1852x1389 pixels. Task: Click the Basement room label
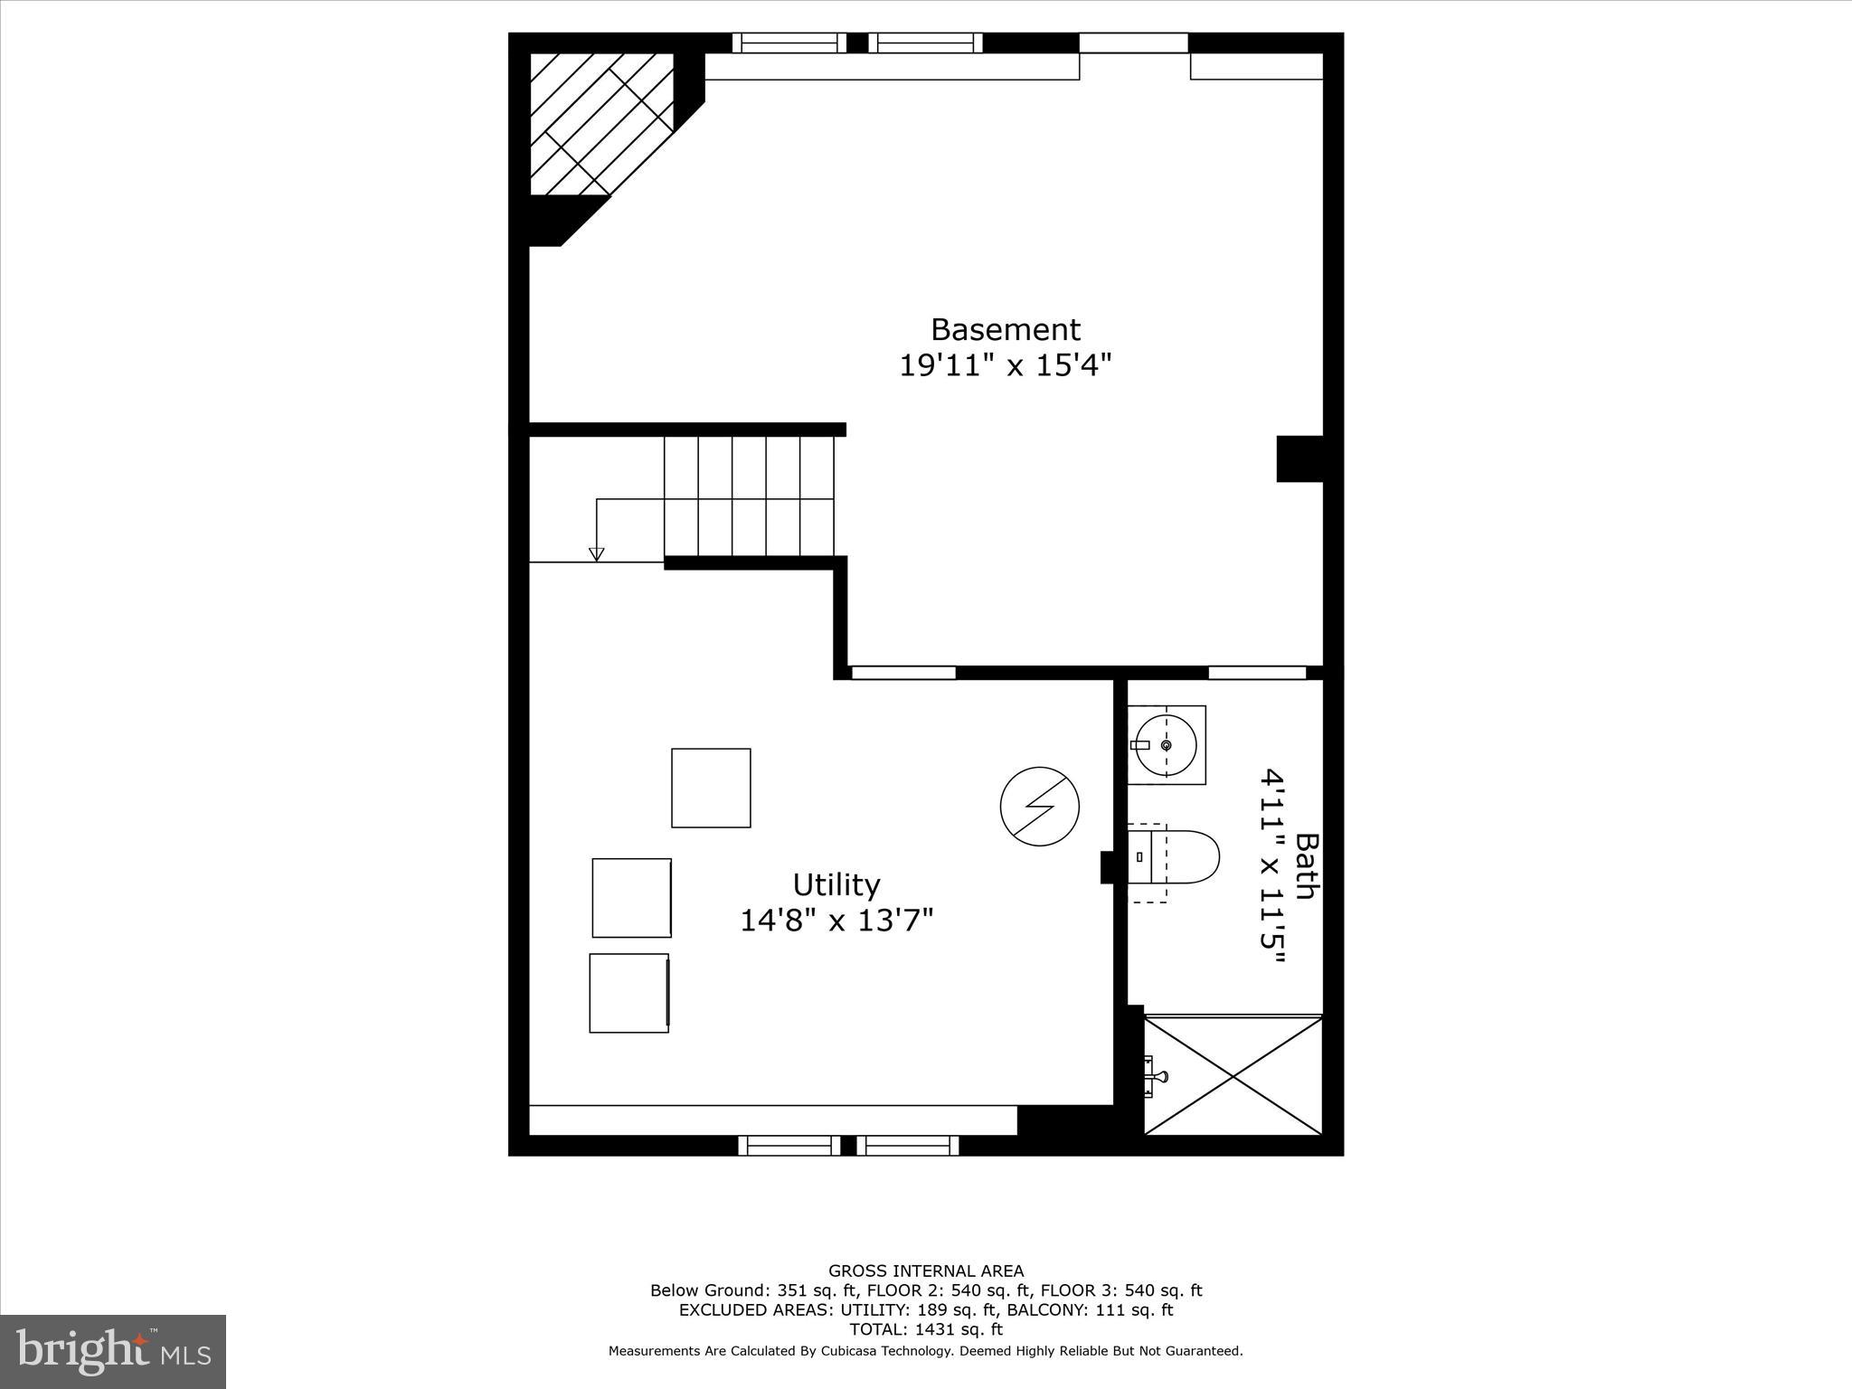(x=1005, y=329)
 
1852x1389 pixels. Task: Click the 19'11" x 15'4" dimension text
(x=1005, y=366)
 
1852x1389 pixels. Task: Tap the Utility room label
(x=836, y=883)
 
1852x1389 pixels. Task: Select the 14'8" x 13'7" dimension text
(x=836, y=921)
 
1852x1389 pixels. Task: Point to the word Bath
(x=1305, y=865)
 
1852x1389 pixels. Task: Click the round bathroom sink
(x=1167, y=745)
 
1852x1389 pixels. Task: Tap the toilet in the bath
(x=1176, y=856)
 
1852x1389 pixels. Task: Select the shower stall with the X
(x=1233, y=1075)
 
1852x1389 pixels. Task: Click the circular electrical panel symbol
(x=1040, y=807)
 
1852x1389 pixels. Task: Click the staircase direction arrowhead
(x=596, y=554)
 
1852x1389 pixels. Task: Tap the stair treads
(x=749, y=496)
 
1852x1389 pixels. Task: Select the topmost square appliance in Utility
(x=711, y=788)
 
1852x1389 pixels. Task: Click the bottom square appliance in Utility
(x=629, y=993)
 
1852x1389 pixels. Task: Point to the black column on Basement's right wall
(x=1299, y=458)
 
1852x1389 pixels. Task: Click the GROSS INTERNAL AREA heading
(x=926, y=1271)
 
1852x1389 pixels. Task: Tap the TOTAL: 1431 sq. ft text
(x=926, y=1329)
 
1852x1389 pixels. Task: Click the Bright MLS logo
(x=113, y=1352)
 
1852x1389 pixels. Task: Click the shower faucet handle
(x=1157, y=1076)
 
